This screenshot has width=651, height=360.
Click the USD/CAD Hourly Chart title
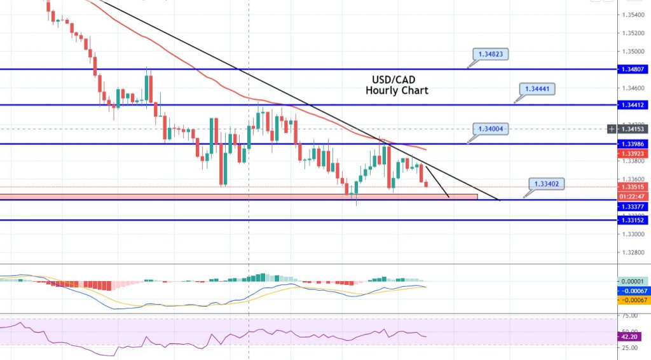click(x=397, y=85)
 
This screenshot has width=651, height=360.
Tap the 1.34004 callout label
click(x=491, y=128)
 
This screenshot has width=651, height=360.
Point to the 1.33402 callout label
click(x=546, y=184)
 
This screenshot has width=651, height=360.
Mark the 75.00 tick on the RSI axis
click(x=629, y=315)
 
